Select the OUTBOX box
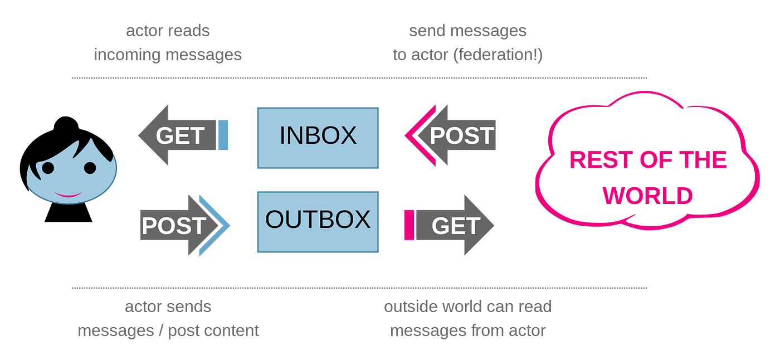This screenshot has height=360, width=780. click(x=318, y=221)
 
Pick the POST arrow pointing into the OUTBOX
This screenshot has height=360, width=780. click(x=175, y=225)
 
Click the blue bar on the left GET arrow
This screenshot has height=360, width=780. click(x=223, y=135)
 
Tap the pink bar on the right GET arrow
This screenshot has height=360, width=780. click(x=408, y=225)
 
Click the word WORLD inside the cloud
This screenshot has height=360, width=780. click(x=648, y=196)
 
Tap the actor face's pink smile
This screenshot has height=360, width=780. click(x=68, y=194)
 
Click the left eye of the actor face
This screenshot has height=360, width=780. click(x=48, y=167)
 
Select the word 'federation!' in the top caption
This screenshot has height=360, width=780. click(x=498, y=55)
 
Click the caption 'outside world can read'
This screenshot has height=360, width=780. click(x=468, y=307)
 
